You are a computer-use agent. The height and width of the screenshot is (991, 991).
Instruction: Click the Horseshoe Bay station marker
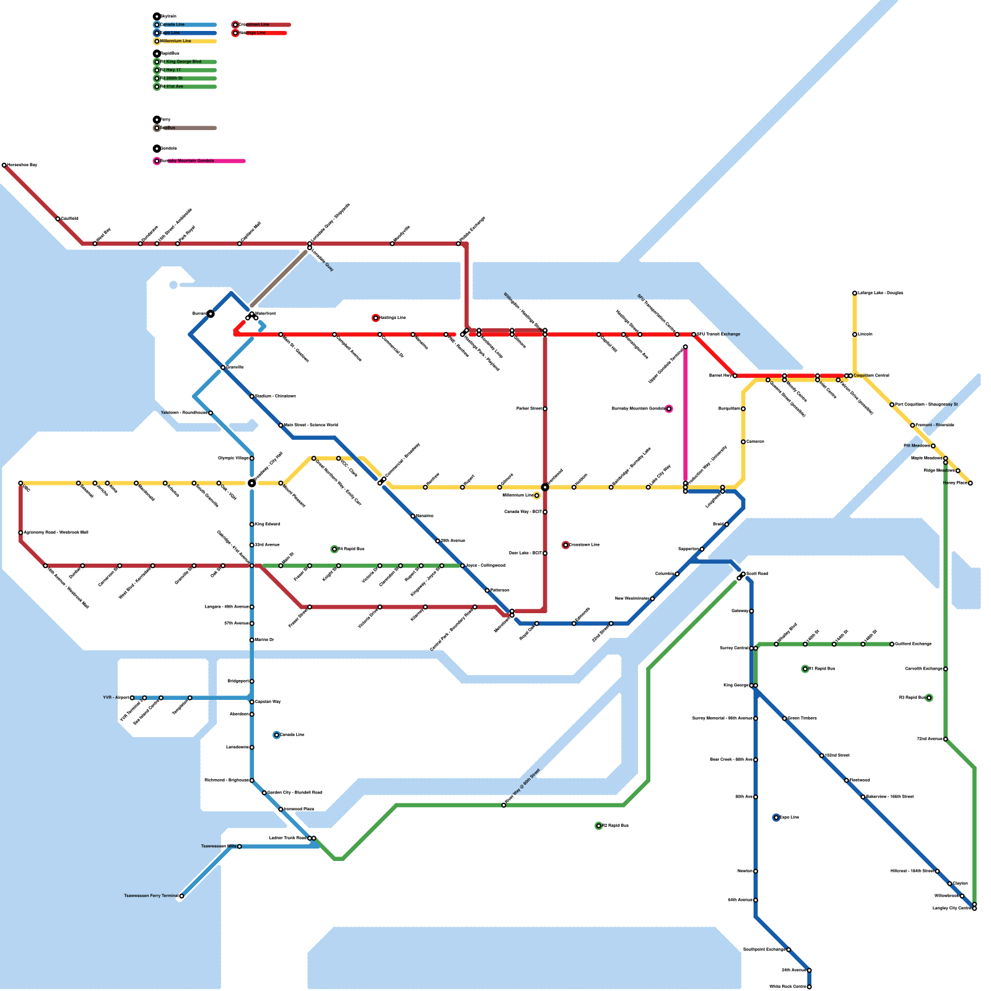click(4, 165)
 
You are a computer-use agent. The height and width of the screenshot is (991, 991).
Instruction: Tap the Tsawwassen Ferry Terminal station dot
click(181, 896)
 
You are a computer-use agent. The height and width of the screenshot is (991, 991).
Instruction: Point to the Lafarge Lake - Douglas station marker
click(855, 293)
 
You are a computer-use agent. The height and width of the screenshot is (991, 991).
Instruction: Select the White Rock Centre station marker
click(809, 987)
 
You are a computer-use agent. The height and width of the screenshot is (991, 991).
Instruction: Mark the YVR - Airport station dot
click(132, 698)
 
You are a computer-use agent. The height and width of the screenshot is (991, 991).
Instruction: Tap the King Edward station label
click(268, 525)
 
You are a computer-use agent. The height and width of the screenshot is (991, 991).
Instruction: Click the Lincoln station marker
click(855, 334)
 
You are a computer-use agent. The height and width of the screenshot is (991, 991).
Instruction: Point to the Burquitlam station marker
click(743, 409)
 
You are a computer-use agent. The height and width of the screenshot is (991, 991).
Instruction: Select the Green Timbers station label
click(802, 718)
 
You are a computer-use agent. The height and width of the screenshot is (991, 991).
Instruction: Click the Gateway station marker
click(751, 611)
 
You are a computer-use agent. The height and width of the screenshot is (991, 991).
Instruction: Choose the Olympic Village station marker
click(251, 458)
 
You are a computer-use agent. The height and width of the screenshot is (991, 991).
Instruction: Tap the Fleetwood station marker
click(847, 780)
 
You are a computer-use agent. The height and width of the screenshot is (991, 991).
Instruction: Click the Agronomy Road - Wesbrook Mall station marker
click(20, 533)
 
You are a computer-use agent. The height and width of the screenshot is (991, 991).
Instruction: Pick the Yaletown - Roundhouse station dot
click(211, 413)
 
